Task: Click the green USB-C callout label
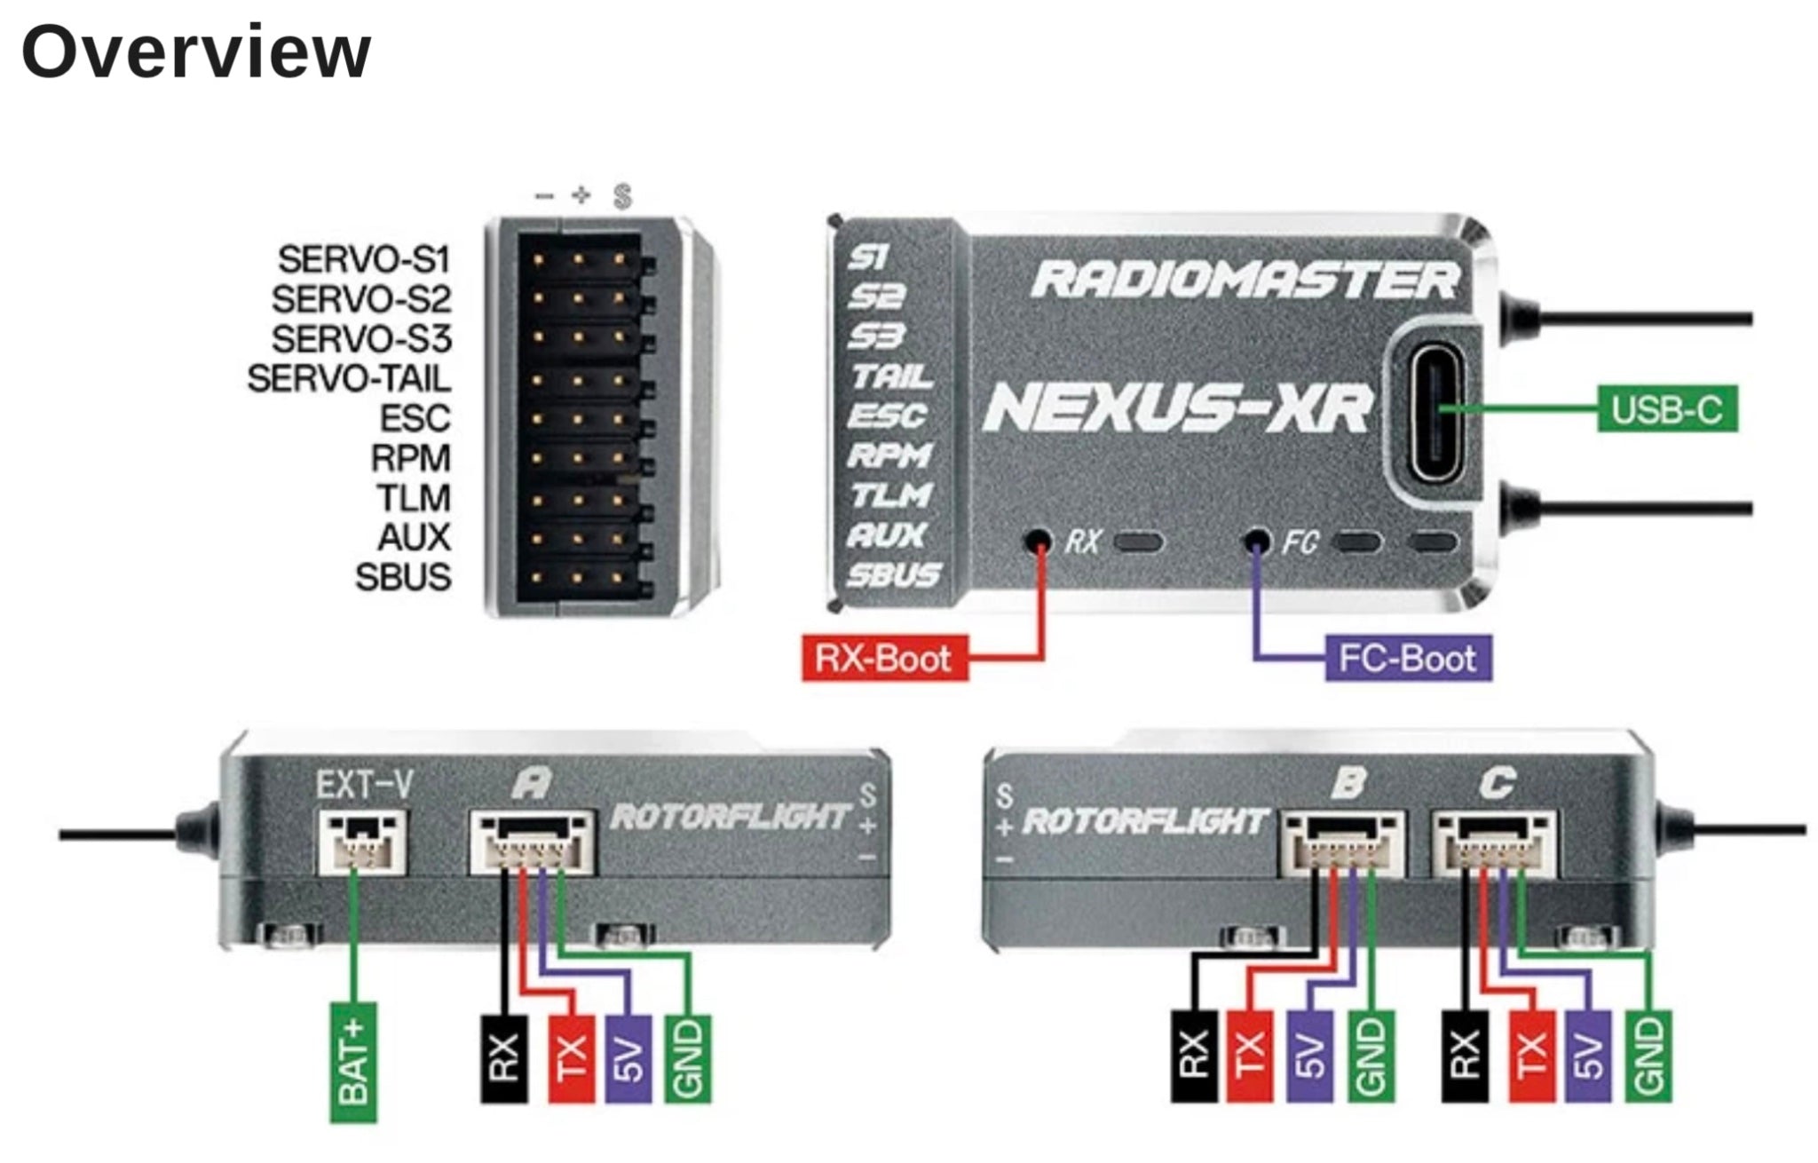1666,409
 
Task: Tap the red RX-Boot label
883,658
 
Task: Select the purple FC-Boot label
1408,658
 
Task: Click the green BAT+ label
353,1062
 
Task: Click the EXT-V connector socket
362,840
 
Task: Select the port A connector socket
532,842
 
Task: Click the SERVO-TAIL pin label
349,379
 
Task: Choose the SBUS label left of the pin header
403,577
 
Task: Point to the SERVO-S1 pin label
364,259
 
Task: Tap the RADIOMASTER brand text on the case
1245,280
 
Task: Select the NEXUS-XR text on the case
1177,409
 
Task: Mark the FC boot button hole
1256,540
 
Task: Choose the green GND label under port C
1648,1056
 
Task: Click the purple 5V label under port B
1309,1056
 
